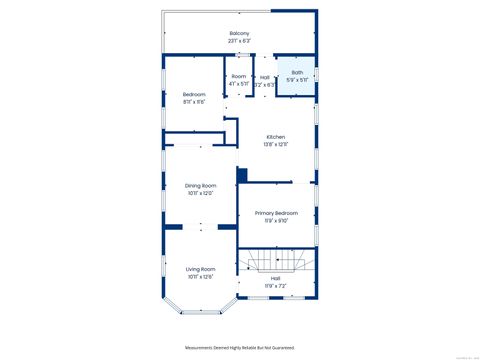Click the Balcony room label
pyautogui.click(x=240, y=33)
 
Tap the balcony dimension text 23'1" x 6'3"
pyautogui.click(x=240, y=41)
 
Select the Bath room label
pyautogui.click(x=297, y=72)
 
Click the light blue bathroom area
pyautogui.click(x=296, y=86)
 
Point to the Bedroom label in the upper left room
pyautogui.click(x=194, y=94)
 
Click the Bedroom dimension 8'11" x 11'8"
pyautogui.click(x=194, y=102)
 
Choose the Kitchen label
pyautogui.click(x=276, y=137)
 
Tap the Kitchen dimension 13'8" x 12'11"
pyautogui.click(x=276, y=145)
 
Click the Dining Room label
pyautogui.click(x=201, y=186)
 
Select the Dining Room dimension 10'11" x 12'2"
pyautogui.click(x=201, y=194)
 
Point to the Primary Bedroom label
pyautogui.click(x=276, y=213)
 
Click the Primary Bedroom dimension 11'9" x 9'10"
pyautogui.click(x=276, y=221)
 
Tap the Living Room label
pyautogui.click(x=201, y=269)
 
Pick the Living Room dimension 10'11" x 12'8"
pyautogui.click(x=201, y=277)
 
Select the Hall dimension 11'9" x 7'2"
pyautogui.click(x=275, y=286)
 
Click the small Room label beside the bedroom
pyautogui.click(x=239, y=76)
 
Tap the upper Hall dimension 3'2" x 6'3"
pyautogui.click(x=265, y=85)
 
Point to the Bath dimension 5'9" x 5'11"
pyautogui.click(x=297, y=80)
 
